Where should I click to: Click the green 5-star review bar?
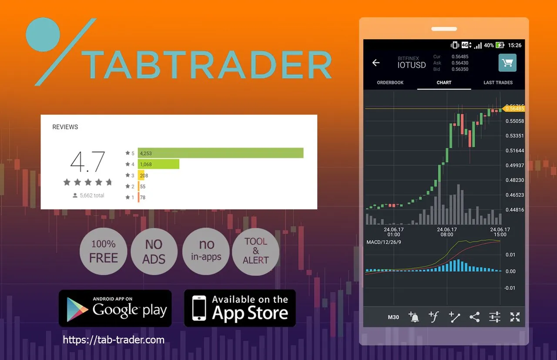tap(221, 153)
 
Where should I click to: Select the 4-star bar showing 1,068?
tap(158, 164)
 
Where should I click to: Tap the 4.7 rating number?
tap(87, 161)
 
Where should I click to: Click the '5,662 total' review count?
tap(88, 195)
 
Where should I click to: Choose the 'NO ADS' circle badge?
tap(154, 252)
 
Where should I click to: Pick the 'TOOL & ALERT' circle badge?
tap(255, 252)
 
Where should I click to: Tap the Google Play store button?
tap(115, 308)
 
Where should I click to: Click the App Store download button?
tap(240, 308)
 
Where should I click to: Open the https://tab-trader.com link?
tap(114, 340)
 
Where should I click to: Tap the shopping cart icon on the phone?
tap(507, 63)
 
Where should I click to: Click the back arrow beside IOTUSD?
tap(376, 63)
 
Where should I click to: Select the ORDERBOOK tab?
tap(390, 83)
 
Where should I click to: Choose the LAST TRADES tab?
tap(498, 83)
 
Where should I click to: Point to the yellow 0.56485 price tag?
tap(514, 108)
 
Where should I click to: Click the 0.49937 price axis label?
tap(515, 165)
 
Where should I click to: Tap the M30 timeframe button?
tap(393, 317)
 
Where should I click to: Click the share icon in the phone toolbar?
tap(474, 317)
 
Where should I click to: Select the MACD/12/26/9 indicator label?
tap(384, 242)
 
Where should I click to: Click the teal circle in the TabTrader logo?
tap(43, 34)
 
